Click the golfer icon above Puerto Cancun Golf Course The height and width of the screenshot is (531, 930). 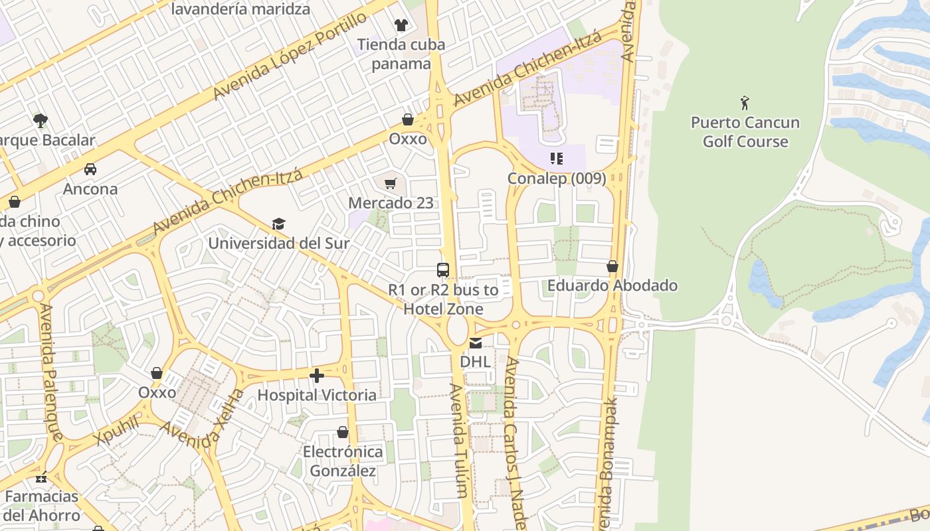pyautogui.click(x=745, y=103)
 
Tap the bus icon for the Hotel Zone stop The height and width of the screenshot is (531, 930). pyautogui.click(x=443, y=270)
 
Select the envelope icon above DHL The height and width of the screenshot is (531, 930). pyautogui.click(x=476, y=343)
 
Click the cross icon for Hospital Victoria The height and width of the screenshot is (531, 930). pyautogui.click(x=317, y=376)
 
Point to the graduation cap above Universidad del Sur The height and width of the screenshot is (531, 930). pyautogui.click(x=278, y=224)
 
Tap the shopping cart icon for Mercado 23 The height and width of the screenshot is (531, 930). pyautogui.click(x=391, y=183)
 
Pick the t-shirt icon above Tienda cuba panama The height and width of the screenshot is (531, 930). pyautogui.click(x=401, y=25)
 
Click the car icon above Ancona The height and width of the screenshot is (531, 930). pyautogui.click(x=90, y=169)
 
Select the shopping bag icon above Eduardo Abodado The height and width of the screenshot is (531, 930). pyautogui.click(x=612, y=267)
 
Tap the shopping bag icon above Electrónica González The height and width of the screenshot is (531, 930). pyautogui.click(x=343, y=433)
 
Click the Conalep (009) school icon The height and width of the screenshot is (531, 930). pyautogui.click(x=557, y=159)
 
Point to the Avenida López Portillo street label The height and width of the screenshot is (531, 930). pyautogui.click(x=290, y=56)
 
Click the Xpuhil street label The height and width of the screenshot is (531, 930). pyautogui.click(x=117, y=430)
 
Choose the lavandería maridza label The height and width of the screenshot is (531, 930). pyautogui.click(x=240, y=9)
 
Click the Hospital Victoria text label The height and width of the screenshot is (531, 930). pyautogui.click(x=317, y=395)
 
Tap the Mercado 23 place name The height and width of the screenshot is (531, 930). pyautogui.click(x=391, y=202)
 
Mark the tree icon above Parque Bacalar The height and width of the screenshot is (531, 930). pyautogui.click(x=41, y=121)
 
